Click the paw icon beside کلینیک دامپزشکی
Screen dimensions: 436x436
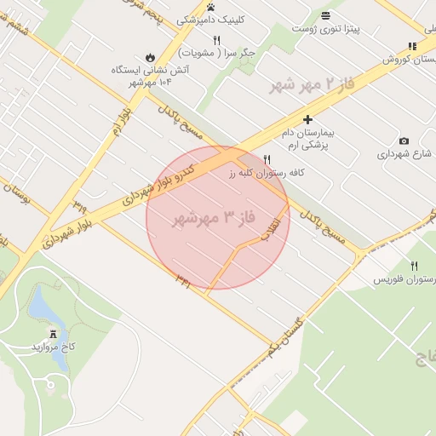[210, 7]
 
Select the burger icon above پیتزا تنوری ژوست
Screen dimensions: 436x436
[325, 15]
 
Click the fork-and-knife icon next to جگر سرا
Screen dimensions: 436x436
[217, 40]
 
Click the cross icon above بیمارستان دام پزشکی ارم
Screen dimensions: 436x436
[307, 121]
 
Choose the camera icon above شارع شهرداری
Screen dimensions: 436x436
[404, 141]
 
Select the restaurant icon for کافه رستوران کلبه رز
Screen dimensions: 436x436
[267, 159]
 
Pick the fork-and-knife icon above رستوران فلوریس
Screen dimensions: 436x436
[414, 266]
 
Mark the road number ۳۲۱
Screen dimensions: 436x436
[182, 277]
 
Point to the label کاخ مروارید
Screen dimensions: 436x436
[54, 347]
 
